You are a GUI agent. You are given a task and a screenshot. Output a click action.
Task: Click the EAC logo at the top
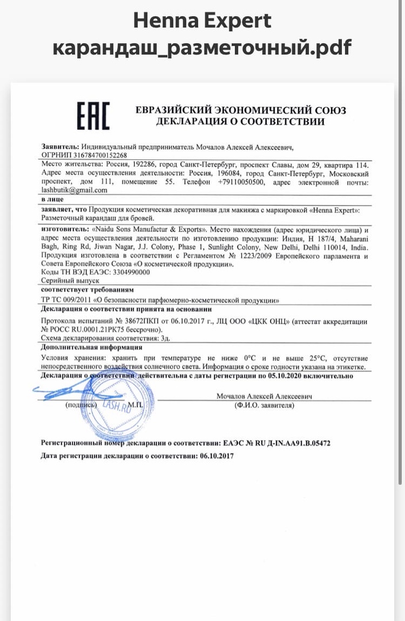[93, 116]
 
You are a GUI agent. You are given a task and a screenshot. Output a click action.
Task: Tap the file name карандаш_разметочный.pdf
[202, 48]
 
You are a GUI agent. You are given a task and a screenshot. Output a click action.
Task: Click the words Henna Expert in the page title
[202, 21]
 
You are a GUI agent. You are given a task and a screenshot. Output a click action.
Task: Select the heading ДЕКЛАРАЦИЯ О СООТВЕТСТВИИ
[240, 121]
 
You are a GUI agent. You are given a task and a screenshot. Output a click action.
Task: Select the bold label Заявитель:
[60, 147]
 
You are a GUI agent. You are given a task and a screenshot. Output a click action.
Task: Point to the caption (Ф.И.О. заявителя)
[264, 405]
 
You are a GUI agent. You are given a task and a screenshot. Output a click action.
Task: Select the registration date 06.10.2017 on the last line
[217, 455]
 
